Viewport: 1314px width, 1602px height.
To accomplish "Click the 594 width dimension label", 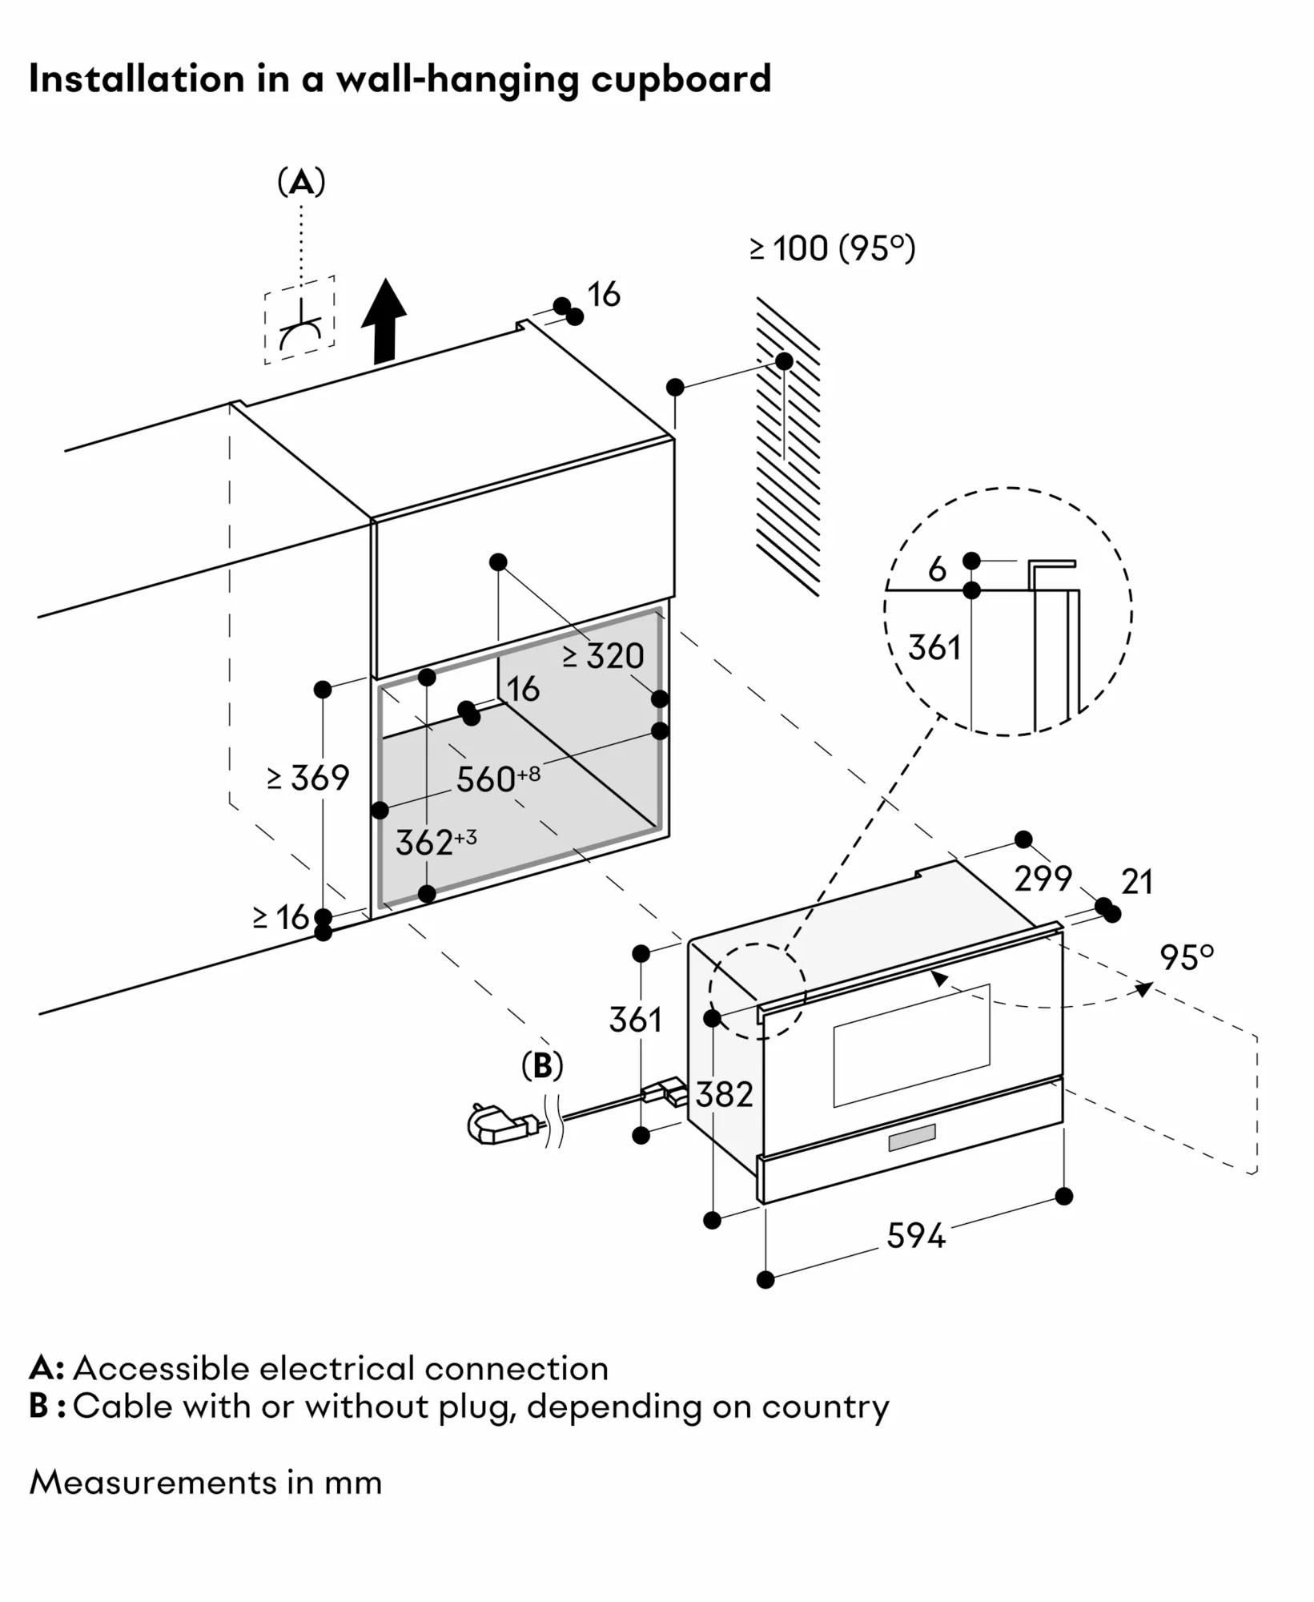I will tap(915, 1235).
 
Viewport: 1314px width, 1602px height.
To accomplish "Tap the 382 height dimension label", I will tap(724, 1094).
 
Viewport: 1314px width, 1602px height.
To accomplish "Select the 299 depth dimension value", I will tap(1043, 879).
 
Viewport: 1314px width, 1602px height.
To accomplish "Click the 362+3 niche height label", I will tap(436, 842).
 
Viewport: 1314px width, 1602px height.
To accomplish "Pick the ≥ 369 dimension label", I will tap(309, 778).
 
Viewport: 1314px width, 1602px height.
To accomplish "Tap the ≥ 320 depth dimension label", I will tap(603, 656).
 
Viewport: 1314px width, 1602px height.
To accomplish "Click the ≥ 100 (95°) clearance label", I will tap(832, 248).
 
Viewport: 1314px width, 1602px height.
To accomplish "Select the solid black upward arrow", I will tap(384, 320).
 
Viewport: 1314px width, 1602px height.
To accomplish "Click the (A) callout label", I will tap(301, 183).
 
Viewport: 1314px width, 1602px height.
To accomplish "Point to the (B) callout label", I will tap(542, 1065).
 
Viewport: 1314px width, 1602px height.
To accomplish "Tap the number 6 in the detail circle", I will tap(937, 570).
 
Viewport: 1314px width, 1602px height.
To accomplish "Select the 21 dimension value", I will tap(1137, 882).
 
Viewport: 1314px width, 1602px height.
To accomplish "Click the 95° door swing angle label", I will tap(1187, 958).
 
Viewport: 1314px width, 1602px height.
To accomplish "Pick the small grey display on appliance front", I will tap(912, 1137).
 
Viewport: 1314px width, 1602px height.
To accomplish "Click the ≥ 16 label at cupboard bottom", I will tap(281, 917).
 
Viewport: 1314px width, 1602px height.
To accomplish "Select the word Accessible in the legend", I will tap(164, 1368).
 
